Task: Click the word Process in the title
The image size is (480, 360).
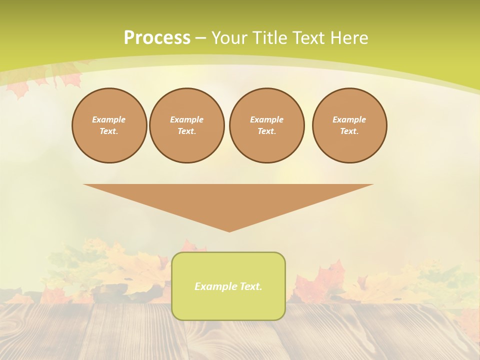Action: coord(157,37)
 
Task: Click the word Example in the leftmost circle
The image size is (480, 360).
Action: coord(109,119)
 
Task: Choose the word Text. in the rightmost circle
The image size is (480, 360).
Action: coord(349,131)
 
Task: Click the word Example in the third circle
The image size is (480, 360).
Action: coord(266,119)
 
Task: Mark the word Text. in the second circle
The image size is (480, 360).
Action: coord(186,131)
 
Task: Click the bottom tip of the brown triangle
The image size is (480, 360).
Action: coord(229,230)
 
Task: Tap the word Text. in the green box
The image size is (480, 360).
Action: coord(250,286)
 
